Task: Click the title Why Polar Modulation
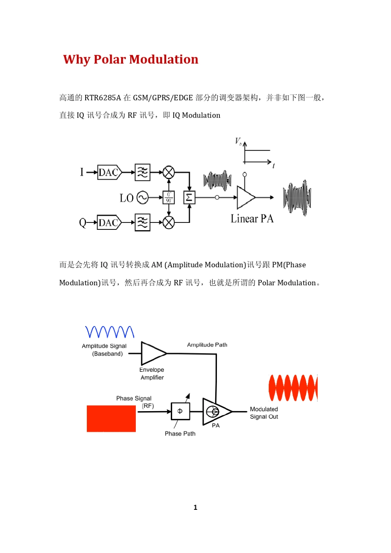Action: [130, 60]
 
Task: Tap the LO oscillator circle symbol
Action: [142, 198]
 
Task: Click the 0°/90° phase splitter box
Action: [169, 198]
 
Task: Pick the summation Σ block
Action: [189, 198]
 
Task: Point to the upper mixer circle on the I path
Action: [169, 172]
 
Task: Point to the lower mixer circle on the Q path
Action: [169, 223]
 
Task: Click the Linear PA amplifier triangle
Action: [245, 198]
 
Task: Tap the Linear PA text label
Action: [252, 219]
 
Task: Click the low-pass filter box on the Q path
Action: [142, 223]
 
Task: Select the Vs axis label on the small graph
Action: [238, 141]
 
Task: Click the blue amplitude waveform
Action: [109, 332]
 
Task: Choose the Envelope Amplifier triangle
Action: [153, 353]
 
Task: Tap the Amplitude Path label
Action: [207, 345]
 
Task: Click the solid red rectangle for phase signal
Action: [111, 419]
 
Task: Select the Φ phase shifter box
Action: [180, 411]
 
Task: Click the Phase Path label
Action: [180, 434]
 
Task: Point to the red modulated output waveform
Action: [293, 388]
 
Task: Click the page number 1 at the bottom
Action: [195, 507]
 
